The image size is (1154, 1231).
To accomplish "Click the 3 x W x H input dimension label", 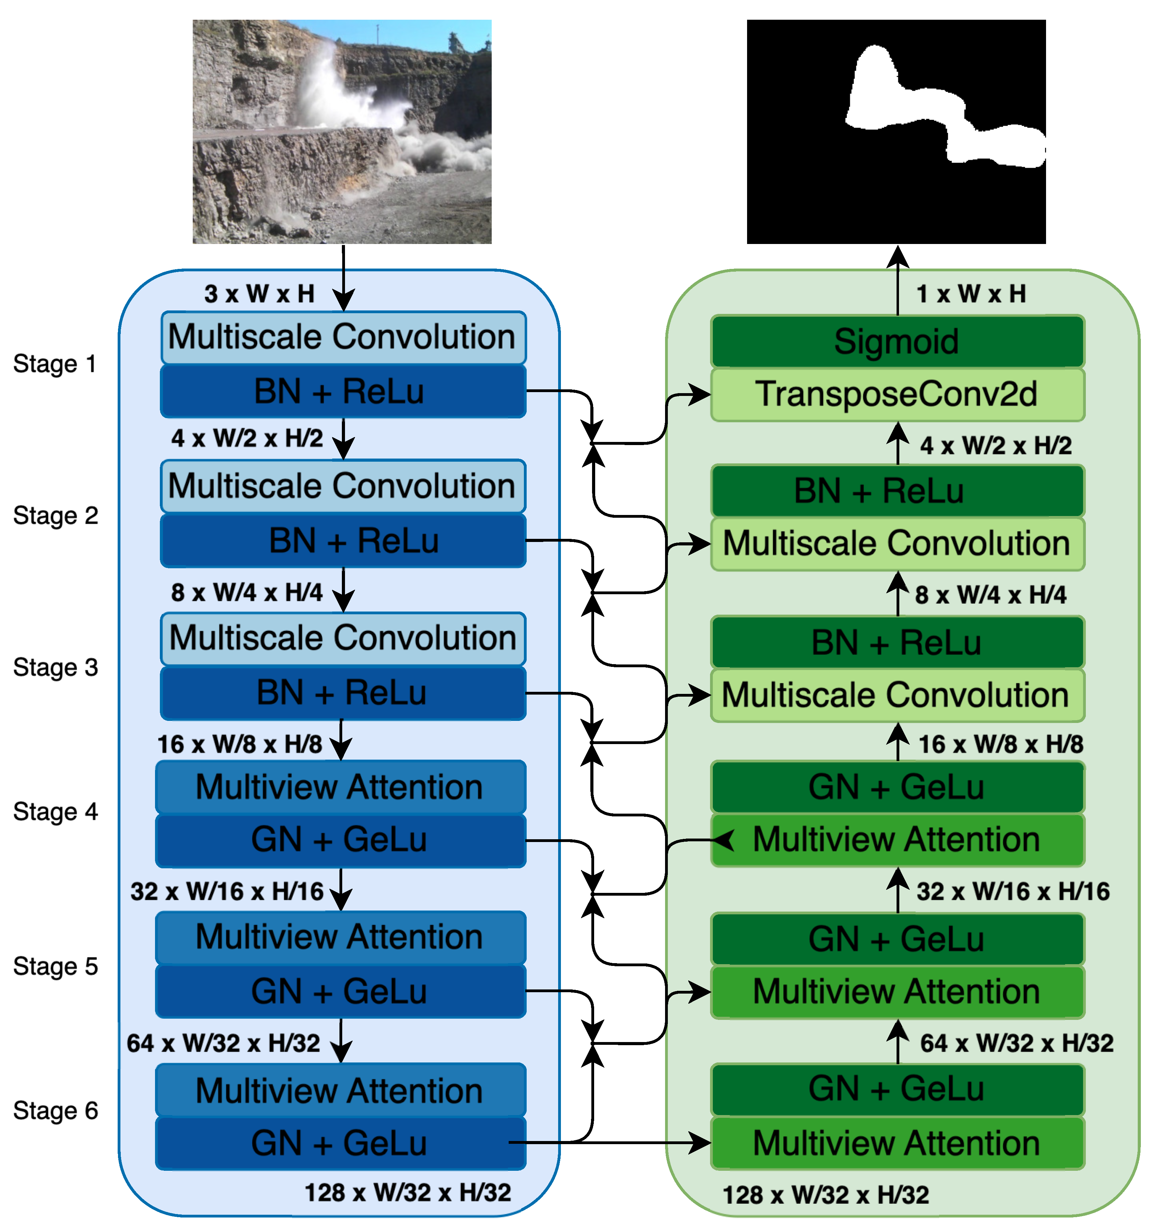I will pyautogui.click(x=260, y=293).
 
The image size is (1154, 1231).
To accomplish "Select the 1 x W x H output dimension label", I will pyautogui.click(x=971, y=293).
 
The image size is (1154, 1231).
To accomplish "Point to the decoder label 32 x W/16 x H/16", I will pyautogui.click(x=1013, y=891).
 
